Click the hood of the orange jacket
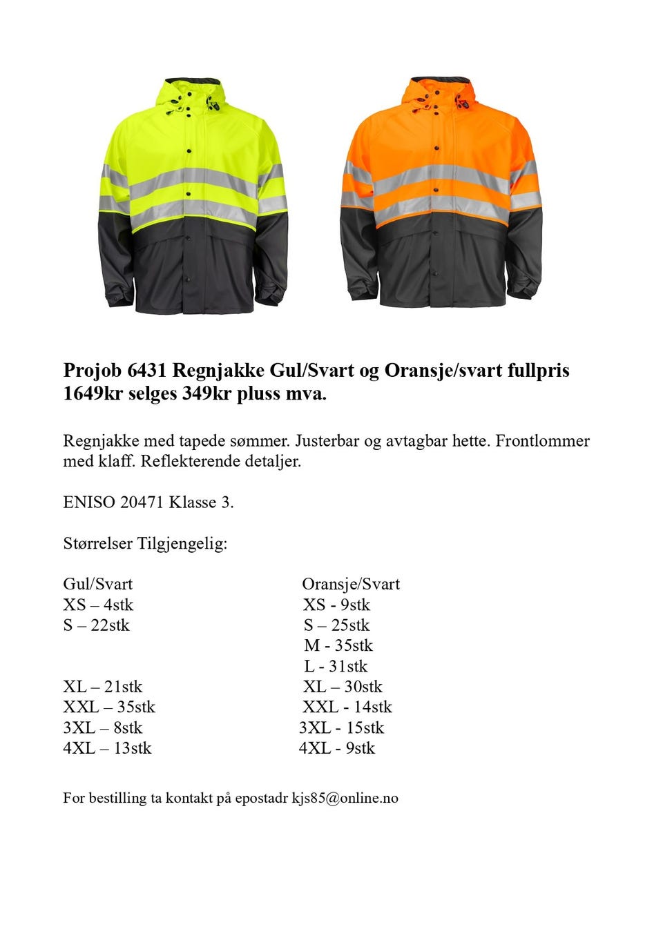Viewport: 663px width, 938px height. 440,93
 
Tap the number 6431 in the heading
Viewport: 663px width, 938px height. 146,371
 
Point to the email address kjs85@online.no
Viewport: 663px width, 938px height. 345,798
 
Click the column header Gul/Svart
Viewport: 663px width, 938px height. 97,584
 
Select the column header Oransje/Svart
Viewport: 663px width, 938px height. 351,584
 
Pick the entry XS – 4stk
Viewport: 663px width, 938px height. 98,605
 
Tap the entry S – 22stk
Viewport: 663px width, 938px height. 96,625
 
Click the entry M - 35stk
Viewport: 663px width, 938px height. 338,645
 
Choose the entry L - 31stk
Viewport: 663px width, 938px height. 336,666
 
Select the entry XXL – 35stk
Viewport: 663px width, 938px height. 109,707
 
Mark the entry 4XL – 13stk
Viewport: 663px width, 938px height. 107,748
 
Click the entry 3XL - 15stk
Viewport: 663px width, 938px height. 341,727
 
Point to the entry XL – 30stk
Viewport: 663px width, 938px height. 343,687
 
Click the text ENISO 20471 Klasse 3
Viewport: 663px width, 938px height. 148,502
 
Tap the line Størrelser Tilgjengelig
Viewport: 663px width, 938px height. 145,543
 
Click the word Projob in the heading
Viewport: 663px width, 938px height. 93,371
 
